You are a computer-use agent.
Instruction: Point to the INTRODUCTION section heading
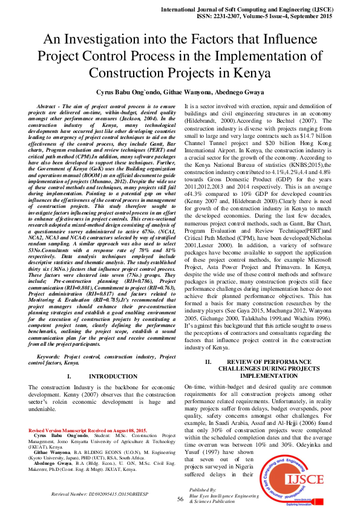pyautogui.click(x=100, y=376)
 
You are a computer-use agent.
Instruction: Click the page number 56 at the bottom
pyautogui.click(x=180, y=499)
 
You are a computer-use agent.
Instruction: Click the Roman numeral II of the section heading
pyautogui.click(x=208, y=362)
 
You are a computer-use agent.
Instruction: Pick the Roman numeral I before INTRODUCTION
pyautogui.click(x=69, y=376)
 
